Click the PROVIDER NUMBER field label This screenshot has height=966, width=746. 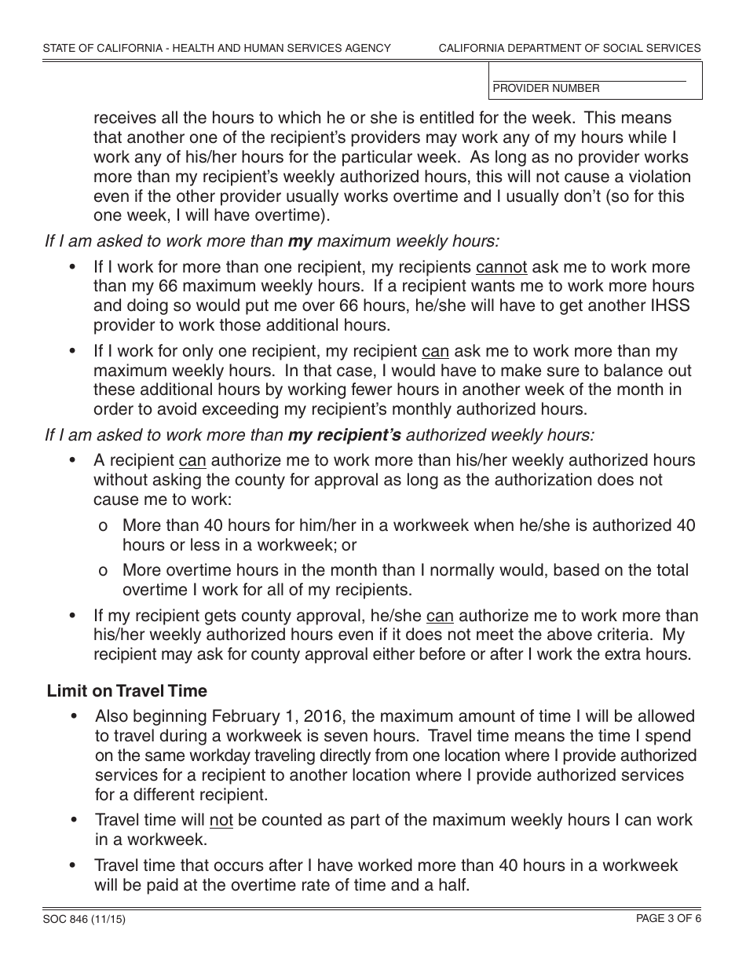point(546,89)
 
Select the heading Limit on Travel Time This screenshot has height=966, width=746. point(127,691)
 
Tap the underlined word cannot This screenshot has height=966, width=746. point(501,267)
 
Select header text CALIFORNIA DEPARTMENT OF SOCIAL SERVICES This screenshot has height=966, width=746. point(569,48)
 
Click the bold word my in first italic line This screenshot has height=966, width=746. point(301,241)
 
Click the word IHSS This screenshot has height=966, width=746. point(666,306)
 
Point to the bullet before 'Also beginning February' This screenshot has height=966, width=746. point(74,716)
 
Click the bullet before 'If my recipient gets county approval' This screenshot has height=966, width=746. point(74,617)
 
